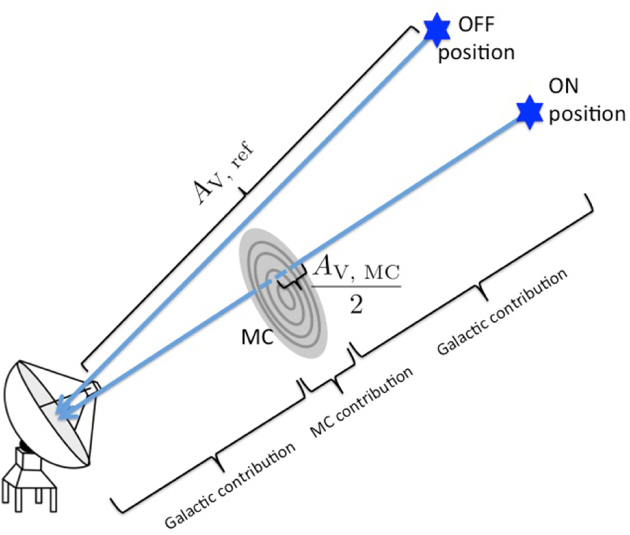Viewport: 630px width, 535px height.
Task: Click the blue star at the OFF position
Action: [x=437, y=30]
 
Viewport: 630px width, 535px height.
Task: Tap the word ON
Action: [x=563, y=86]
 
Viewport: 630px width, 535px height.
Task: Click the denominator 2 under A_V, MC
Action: [x=356, y=305]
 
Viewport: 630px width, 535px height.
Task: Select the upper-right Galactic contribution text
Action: [x=502, y=312]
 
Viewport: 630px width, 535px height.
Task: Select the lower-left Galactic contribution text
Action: [x=230, y=486]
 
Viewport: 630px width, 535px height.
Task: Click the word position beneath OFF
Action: [x=477, y=53]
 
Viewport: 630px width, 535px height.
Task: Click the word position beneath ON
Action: [x=587, y=114]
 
